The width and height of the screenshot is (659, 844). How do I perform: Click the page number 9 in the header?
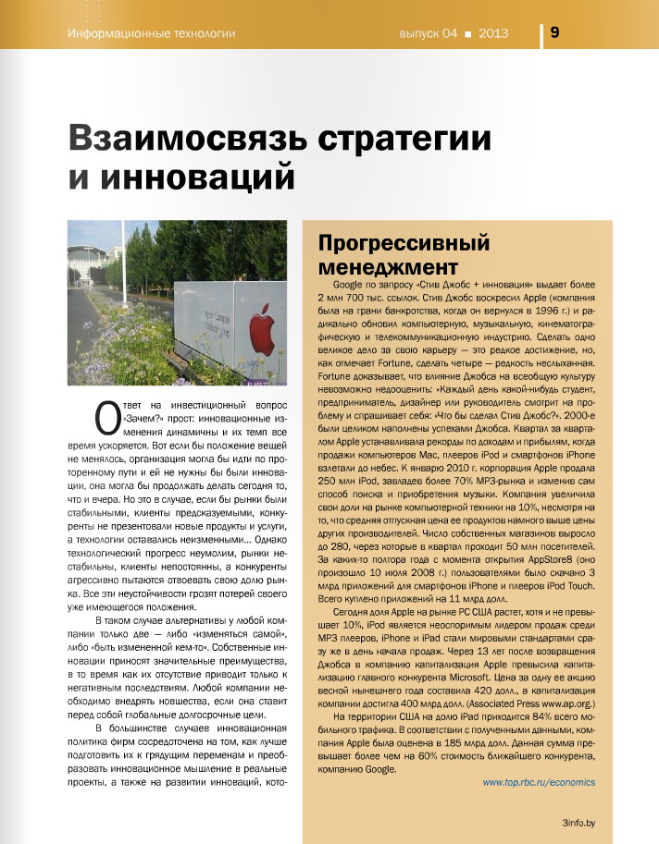pyautogui.click(x=553, y=31)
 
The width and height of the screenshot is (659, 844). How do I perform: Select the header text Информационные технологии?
pyautogui.click(x=152, y=34)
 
